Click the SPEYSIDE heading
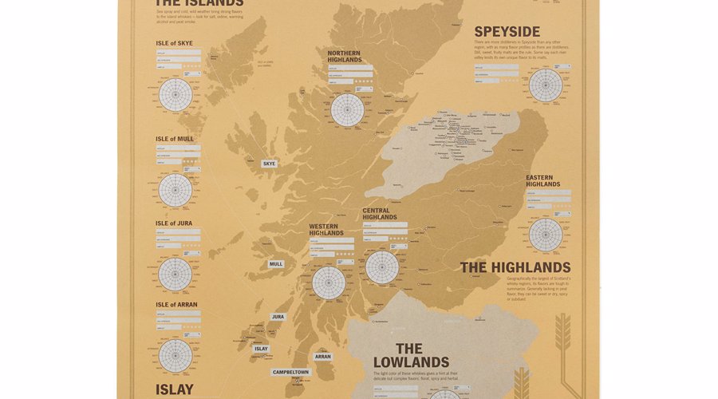coord(507,31)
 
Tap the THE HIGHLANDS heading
coord(515,267)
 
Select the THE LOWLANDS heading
coord(411,356)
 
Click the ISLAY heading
coord(175,390)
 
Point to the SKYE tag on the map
coord(269,164)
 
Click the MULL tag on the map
coord(276,264)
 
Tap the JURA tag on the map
coord(278,317)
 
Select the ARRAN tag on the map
coord(322,357)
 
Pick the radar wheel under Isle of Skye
coord(176,94)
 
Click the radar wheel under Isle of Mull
coord(176,190)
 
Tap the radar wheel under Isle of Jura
coord(176,274)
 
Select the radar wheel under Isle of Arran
coord(176,356)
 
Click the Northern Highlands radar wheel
coord(348,109)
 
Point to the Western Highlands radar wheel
coord(329,282)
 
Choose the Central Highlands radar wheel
coord(382,267)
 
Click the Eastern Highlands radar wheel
coord(546,235)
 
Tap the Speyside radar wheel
coord(546,85)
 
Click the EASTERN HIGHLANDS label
coord(542,181)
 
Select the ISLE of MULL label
coord(175,139)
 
